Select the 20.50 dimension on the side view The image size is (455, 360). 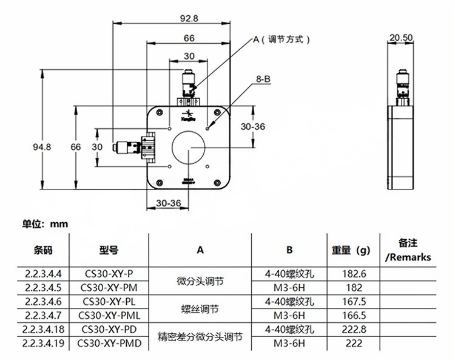coord(401,38)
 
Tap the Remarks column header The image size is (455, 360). coord(408,257)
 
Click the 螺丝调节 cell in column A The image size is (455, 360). coord(200,308)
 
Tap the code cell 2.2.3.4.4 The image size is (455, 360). coord(43,274)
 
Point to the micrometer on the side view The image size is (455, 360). coord(401,84)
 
